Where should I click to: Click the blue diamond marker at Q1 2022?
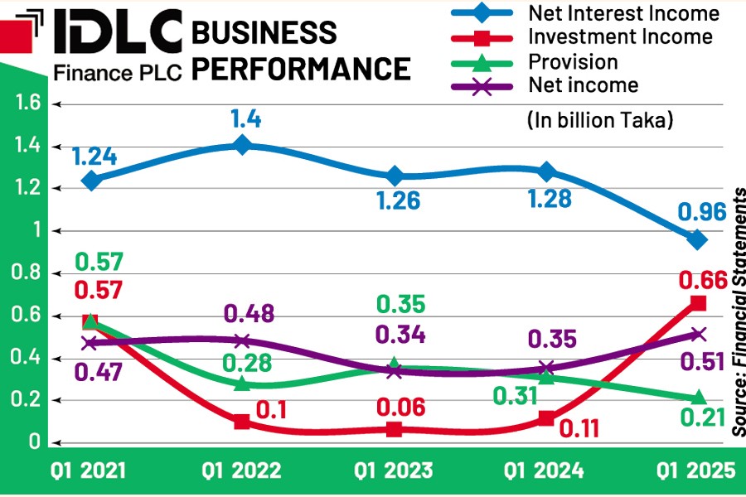(242, 145)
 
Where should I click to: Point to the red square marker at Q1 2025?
(698, 303)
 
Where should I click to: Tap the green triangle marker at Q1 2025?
(698, 398)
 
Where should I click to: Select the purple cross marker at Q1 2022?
(242, 341)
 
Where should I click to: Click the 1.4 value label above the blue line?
(246, 119)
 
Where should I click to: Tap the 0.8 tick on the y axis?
(22, 273)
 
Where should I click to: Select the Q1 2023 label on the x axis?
(394, 471)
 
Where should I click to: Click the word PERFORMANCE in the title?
(301, 68)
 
